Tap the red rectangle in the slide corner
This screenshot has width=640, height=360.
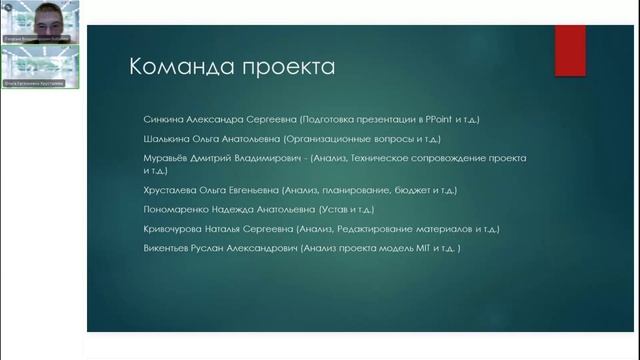[x=570, y=49]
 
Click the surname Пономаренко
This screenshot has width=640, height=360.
[x=175, y=210]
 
